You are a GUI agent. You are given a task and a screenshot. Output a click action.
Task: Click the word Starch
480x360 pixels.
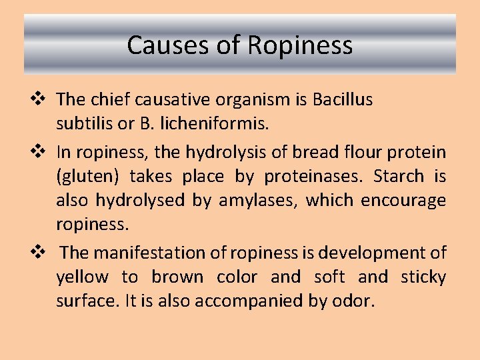(399, 176)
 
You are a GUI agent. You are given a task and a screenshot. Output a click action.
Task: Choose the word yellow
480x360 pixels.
(83, 277)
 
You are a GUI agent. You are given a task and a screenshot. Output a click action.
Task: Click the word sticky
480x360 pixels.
(423, 277)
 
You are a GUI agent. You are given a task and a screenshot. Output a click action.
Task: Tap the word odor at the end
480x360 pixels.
(353, 301)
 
